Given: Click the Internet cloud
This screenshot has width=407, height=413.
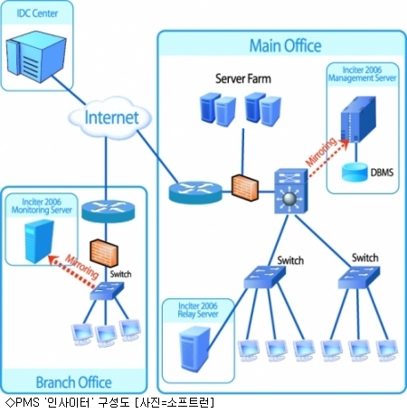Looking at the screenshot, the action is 109,117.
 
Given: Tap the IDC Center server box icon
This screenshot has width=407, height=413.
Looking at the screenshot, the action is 36,56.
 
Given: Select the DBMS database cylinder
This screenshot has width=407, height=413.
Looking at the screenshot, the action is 354,173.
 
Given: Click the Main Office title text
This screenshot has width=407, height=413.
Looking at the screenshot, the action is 285,46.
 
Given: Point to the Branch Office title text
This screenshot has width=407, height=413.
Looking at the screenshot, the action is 74,382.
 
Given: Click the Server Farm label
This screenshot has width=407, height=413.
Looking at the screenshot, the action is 243,79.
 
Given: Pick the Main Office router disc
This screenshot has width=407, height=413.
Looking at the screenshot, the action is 195,192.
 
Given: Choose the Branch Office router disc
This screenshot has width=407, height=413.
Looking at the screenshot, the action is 109,211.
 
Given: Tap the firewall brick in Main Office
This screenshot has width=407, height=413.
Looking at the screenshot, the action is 245,187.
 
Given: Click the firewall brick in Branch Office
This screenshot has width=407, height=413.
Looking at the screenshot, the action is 104,253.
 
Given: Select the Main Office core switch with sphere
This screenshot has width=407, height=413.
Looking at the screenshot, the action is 290,192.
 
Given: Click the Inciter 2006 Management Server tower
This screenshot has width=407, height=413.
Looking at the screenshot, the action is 358,119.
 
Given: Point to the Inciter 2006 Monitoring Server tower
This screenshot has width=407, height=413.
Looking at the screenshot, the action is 39,241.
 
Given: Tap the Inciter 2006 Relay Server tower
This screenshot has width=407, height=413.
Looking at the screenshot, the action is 194,350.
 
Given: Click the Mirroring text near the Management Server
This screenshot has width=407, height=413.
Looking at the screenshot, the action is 321,152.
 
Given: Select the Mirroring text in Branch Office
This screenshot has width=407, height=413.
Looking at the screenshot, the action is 82,267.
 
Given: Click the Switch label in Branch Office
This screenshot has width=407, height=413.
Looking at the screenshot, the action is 120,274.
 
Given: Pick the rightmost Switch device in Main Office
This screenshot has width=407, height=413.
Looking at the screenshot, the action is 359,277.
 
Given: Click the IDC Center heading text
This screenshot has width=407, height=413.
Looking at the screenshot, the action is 37,14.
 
